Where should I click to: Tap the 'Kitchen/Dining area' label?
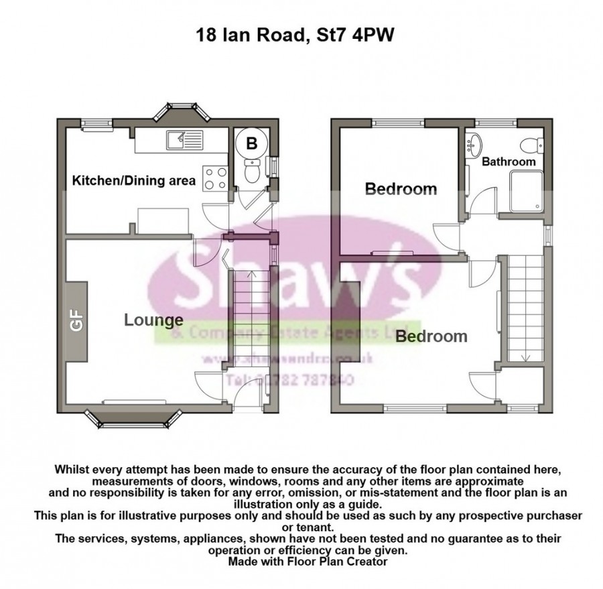point(134,180)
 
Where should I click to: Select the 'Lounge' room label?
point(153,320)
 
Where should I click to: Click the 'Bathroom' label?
point(509,161)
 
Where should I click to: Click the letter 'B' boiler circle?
point(253,143)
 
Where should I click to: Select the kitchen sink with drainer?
point(184,141)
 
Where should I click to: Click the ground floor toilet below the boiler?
point(253,172)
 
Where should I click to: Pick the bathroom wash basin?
point(475,143)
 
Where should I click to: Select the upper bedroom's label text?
point(401,190)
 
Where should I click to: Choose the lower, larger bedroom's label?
point(431,336)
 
